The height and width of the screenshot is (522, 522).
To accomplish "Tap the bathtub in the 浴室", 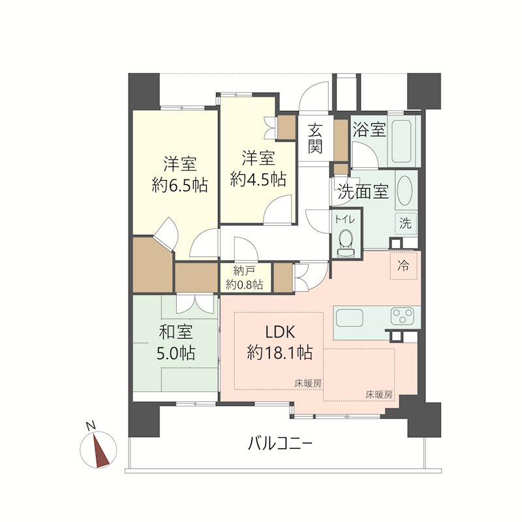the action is [x=401, y=140].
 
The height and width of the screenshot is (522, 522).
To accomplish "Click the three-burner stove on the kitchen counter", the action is [x=403, y=316].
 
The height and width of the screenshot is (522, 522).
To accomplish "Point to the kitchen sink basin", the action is [x=349, y=318].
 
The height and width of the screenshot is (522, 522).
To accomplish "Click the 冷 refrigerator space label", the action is [x=403, y=266].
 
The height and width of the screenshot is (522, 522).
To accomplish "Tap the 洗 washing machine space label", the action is [x=405, y=223].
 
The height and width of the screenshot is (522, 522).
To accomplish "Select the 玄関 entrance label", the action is [x=315, y=138].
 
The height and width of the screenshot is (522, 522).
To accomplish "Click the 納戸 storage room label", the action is [x=242, y=271].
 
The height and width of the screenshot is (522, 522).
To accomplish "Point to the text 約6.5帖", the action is [x=180, y=185].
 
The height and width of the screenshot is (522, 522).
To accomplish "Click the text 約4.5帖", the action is [x=258, y=179].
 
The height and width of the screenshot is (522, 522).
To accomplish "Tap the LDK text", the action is [x=280, y=331].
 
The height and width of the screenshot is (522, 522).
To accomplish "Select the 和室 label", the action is [x=176, y=332].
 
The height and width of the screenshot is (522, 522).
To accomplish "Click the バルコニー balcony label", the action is [x=280, y=444].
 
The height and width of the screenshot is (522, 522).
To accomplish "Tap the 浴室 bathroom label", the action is [x=369, y=129].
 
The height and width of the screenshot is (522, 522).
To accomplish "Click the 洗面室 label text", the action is [x=363, y=191].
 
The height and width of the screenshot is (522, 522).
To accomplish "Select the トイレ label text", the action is [x=346, y=219].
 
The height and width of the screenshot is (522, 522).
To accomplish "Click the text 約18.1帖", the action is [x=280, y=352].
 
